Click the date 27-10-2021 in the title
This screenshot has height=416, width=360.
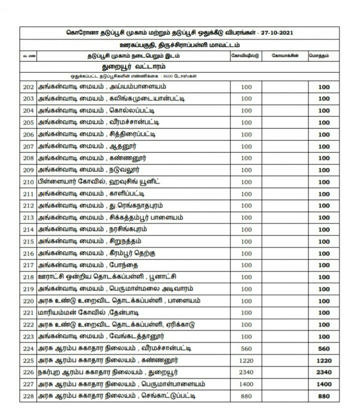(277, 33)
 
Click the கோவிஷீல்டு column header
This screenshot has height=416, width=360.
(246, 56)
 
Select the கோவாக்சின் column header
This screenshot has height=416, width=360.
(285, 56)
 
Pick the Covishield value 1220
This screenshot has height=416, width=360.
(246, 360)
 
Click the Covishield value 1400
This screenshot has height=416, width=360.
(246, 384)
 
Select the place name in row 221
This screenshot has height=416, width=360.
(96, 313)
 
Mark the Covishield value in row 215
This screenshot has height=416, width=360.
(246, 241)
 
